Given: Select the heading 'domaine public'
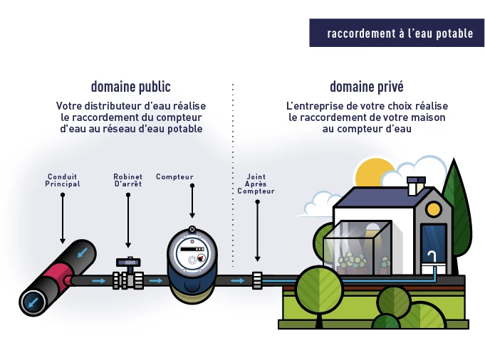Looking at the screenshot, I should pyautogui.click(x=130, y=88).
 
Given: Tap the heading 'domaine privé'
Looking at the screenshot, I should pyautogui.click(x=366, y=88).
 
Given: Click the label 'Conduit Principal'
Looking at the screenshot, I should pyautogui.click(x=63, y=180).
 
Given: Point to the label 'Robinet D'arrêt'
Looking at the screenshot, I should pyautogui.click(x=128, y=180).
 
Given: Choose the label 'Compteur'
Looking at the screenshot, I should pyautogui.click(x=174, y=176).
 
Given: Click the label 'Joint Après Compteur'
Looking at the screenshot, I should pyautogui.click(x=256, y=184).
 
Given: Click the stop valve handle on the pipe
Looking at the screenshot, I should pyautogui.click(x=129, y=263).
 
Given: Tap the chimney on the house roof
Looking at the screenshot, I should pyautogui.click(x=412, y=187).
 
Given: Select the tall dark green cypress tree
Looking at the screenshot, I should pyautogui.click(x=456, y=203).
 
